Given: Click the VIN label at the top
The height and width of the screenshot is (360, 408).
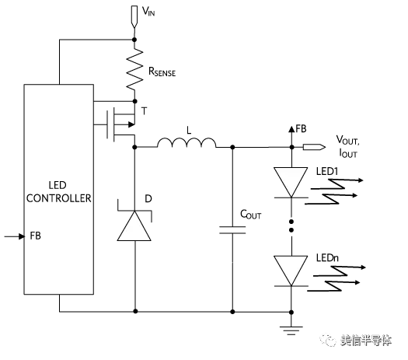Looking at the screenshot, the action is (x=148, y=11).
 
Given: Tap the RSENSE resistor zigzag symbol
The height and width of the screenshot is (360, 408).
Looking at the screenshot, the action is (x=134, y=70).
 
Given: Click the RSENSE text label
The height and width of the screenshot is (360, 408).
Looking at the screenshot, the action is (x=162, y=72).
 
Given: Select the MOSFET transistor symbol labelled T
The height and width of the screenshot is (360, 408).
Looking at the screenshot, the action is (x=121, y=124).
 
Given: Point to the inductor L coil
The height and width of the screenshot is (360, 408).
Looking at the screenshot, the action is (x=187, y=143).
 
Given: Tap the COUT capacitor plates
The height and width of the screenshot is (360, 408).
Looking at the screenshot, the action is (x=232, y=230).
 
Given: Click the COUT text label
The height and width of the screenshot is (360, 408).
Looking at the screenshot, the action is (x=250, y=215).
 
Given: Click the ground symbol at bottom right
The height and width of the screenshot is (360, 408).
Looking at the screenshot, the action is (x=291, y=330).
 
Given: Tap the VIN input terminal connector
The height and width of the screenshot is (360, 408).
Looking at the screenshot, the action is (x=134, y=16).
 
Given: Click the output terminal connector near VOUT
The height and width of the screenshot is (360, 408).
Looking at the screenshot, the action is (x=314, y=147).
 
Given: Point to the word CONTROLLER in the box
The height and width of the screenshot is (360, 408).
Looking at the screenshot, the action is (x=59, y=198).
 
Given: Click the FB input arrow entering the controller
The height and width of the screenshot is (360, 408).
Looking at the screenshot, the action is (x=15, y=236).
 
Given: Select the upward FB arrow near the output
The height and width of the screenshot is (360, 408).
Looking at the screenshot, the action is (x=291, y=136).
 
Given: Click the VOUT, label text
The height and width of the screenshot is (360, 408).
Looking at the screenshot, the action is (x=347, y=140).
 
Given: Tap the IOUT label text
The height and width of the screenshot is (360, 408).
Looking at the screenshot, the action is (x=348, y=153).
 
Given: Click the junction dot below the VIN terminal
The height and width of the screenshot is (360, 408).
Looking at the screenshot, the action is (x=134, y=40).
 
